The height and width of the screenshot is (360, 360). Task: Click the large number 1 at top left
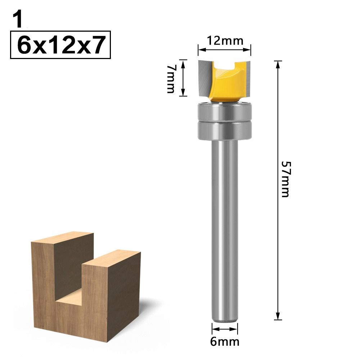click(19, 20)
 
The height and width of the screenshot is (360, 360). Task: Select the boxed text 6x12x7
click(60, 45)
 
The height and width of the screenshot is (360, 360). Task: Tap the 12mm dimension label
click(225, 41)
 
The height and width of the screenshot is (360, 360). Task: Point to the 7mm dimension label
click(171, 79)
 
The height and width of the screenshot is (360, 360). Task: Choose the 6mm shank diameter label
click(225, 342)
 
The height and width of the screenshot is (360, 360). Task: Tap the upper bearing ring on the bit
click(225, 112)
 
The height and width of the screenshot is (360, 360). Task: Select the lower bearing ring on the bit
click(225, 130)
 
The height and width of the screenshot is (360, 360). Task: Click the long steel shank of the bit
click(224, 230)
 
